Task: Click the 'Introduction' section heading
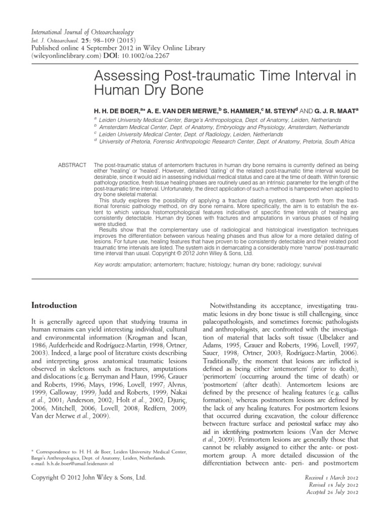pos(55,306)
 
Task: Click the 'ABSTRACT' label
pos(73,165)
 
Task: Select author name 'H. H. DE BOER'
pos(118,110)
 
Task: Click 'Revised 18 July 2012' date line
pos(333,485)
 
